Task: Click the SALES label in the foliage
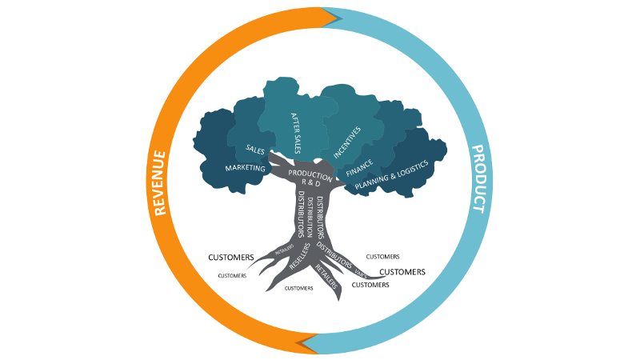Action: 256,150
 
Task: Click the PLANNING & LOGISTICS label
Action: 392,175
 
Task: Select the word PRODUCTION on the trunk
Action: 309,174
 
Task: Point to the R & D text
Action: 309,184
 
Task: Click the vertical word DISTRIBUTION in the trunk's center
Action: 310,215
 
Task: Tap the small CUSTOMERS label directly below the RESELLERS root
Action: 298,288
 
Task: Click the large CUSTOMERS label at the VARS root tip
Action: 402,272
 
